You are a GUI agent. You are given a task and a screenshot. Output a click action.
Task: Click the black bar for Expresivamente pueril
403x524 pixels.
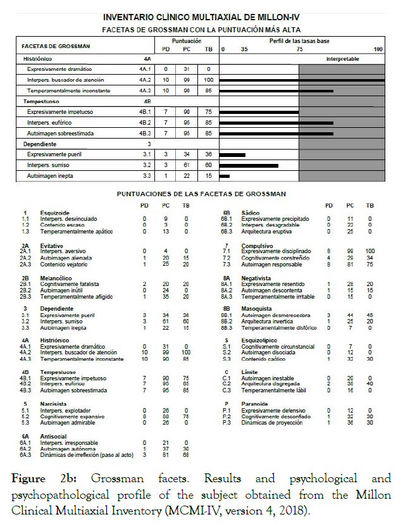pos(232,154)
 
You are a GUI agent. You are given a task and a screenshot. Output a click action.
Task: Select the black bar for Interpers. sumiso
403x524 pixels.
pos(249,165)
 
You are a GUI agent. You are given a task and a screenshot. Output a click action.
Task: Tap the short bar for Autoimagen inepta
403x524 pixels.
pos(224,176)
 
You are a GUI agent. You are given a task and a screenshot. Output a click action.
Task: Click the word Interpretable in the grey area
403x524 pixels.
pos(342,58)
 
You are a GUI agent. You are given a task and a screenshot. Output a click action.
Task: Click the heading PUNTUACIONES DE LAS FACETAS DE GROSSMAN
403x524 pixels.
pos(202,193)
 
